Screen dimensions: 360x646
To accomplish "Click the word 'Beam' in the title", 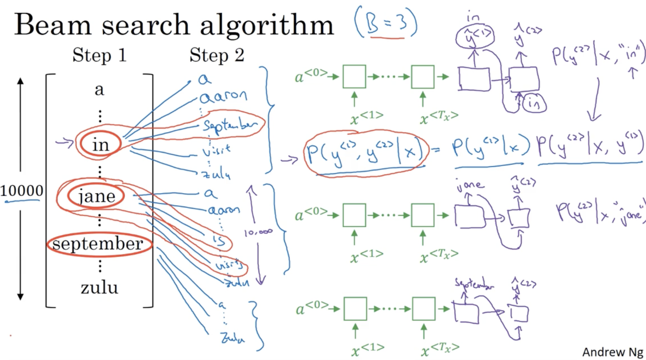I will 53,25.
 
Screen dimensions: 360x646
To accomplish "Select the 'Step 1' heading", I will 99,55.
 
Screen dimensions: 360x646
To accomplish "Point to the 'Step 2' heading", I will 217,55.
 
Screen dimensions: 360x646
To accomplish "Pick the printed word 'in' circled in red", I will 101,145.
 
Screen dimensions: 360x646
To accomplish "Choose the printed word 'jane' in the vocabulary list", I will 97,197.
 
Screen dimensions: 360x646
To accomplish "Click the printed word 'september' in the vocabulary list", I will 98,244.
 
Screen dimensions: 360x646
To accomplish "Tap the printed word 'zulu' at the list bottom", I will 99,287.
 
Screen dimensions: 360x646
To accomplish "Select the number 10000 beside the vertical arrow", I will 22,190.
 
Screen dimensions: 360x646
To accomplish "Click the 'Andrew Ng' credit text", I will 612,352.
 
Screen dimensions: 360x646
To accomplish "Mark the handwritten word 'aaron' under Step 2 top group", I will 224,96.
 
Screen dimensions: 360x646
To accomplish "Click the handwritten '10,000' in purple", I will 258,232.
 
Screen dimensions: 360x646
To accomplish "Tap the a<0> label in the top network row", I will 311,76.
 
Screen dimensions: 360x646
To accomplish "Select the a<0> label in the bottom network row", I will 312,308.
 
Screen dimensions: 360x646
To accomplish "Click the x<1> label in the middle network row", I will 367,256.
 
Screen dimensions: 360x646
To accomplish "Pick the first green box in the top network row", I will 354,77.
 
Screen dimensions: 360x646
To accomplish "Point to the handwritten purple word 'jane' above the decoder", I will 470,186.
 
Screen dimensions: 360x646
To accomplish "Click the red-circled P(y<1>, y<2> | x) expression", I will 366,152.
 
